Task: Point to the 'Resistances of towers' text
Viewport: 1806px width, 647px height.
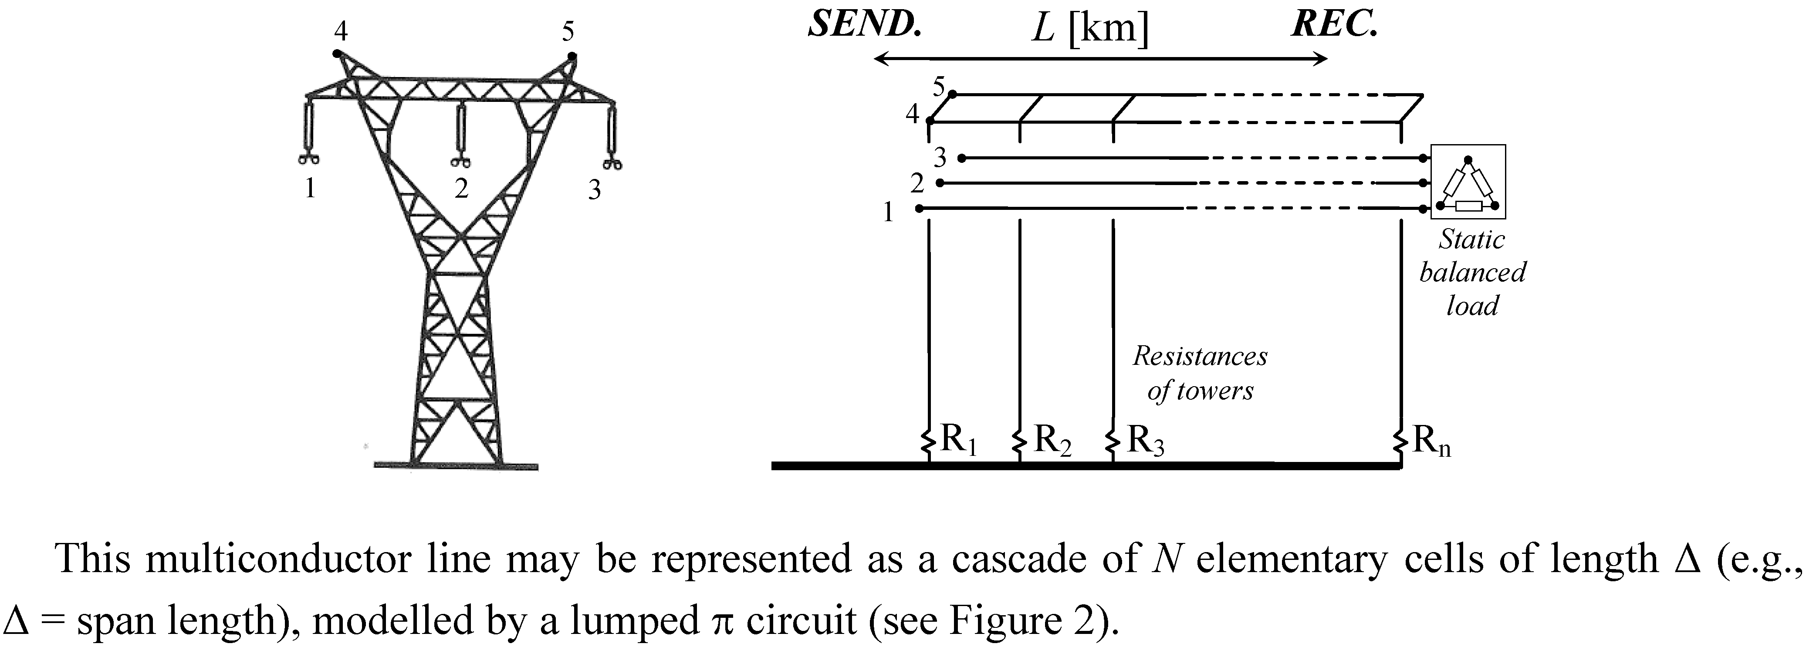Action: pos(1200,373)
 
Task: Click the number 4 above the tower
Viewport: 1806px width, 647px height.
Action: pos(341,31)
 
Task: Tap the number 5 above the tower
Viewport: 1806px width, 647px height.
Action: pos(568,31)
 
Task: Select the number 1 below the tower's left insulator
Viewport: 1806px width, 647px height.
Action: pos(309,189)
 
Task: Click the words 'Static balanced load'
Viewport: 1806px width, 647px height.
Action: pos(1471,273)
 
